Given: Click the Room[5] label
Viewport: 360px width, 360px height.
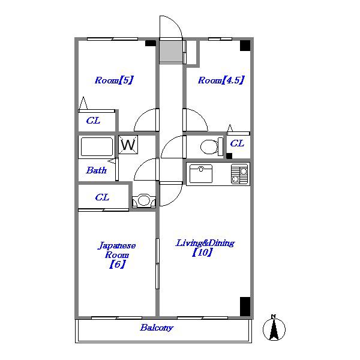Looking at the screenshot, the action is pos(114,80).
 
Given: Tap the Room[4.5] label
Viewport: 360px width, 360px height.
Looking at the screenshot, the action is pos(221,80).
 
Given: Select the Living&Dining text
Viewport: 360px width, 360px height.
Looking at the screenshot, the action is pos(205,243).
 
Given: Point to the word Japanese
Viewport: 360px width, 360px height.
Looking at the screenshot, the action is pos(117,245).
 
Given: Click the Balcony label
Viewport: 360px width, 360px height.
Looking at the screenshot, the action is pos(157,328).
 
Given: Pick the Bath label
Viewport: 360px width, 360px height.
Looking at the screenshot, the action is pos(97,170).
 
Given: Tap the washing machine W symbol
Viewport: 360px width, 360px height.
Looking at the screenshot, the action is pos(128,145).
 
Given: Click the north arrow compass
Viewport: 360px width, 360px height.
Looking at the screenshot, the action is pos(274,328).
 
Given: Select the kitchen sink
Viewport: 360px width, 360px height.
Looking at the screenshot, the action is pos(201,173).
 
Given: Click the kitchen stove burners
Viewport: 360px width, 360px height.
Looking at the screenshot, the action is pos(239,174).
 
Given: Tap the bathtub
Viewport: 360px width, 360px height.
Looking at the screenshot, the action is pos(97,147).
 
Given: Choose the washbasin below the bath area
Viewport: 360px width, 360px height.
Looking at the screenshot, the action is pos(144,201).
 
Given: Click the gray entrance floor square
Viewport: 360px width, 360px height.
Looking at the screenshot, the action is pos(171,51).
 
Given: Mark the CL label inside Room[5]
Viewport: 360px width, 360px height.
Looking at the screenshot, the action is pos(93,121).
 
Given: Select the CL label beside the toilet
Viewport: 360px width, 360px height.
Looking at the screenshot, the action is pos(237,143).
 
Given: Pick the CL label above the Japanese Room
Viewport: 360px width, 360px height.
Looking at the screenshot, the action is pos(102,197).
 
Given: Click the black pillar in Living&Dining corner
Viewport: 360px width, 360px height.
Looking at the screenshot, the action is pos(245,307).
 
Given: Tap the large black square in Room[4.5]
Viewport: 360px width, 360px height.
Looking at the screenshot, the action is pos(245,46).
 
